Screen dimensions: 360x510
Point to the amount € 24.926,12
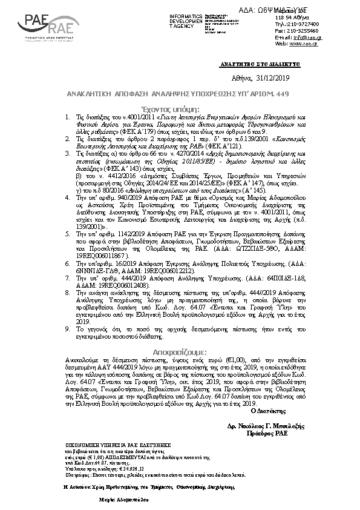131,468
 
